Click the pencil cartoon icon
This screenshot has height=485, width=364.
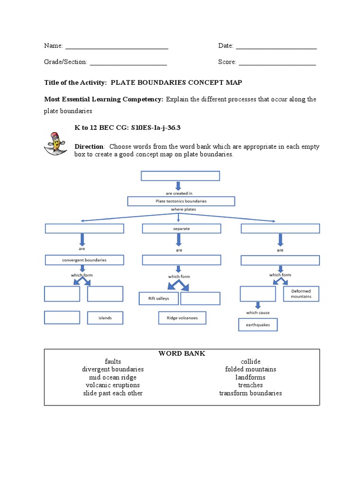tap(55, 144)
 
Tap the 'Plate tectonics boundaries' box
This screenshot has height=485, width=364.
tap(181, 201)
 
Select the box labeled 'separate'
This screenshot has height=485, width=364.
tap(182, 229)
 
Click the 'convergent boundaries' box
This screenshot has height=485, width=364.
tap(84, 260)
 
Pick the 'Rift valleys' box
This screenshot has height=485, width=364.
tap(158, 299)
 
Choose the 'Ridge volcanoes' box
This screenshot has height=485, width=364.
tap(182, 318)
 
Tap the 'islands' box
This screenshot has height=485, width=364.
tap(105, 318)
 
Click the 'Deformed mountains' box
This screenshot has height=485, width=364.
tap(301, 294)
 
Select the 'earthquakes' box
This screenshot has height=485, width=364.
tap(258, 325)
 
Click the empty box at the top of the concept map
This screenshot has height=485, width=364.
tap(180, 176)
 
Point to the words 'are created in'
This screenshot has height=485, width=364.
tap(179, 193)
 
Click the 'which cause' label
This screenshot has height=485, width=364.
tap(258, 313)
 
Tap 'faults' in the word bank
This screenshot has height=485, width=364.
tap(113, 361)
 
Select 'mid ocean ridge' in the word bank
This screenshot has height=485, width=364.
tap(113, 377)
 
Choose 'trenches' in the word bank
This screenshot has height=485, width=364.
tap(250, 385)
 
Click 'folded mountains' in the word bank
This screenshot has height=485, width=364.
tap(250, 369)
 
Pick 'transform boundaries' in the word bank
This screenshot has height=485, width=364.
tap(250, 393)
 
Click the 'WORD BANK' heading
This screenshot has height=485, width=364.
tap(182, 353)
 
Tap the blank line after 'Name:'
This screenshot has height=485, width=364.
tap(117, 46)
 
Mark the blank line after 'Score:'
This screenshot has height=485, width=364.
tap(277, 63)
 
